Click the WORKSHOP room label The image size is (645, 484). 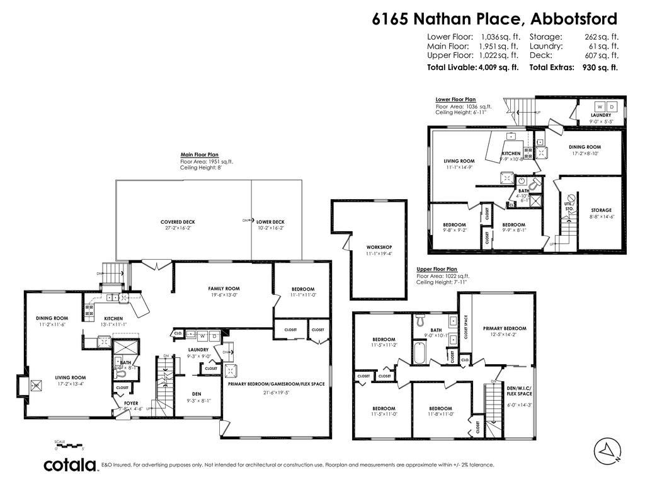pos(379,246)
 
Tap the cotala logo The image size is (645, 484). pos(70,465)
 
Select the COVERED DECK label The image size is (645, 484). pos(178,221)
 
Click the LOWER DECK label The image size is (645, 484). pos(270,221)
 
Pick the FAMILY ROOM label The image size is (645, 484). pos(224,289)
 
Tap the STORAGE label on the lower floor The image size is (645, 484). pos(601,210)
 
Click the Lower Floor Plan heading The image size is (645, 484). pos(455,100)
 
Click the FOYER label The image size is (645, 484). pos(131,403)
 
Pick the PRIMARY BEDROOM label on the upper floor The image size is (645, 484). pos(505,328)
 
